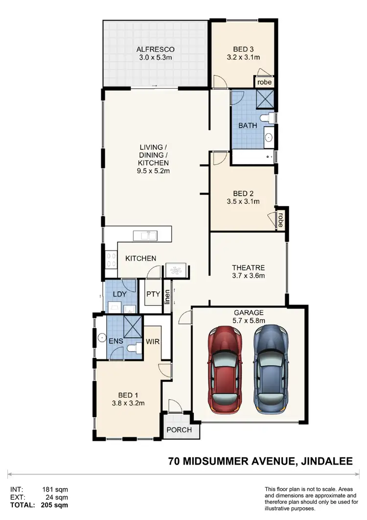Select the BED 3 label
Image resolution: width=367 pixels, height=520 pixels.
click(243, 49)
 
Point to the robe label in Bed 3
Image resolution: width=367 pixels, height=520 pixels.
click(264, 82)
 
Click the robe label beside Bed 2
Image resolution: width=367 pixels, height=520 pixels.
click(281, 216)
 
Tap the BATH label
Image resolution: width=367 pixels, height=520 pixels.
click(248, 126)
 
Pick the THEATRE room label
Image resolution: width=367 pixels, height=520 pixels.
click(248, 268)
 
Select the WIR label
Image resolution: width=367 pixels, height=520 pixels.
click(153, 341)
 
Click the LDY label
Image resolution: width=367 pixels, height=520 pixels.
click(120, 294)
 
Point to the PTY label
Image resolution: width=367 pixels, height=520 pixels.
click(153, 294)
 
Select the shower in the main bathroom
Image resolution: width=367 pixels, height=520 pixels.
click(266, 99)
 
